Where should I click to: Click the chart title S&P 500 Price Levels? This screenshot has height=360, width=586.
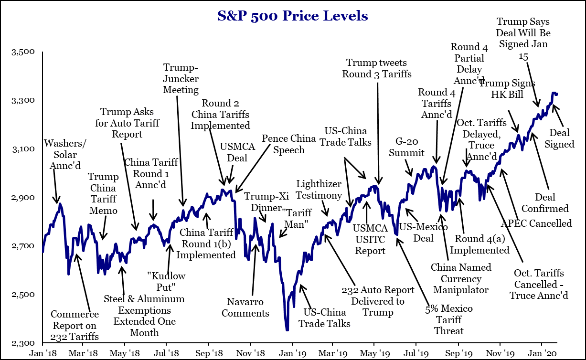293,16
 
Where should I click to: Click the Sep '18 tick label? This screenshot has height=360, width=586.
208,354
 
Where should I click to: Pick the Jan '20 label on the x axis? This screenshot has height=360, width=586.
541,354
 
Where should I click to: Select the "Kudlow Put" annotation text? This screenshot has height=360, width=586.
166,282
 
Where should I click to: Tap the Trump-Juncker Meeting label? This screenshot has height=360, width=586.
181,78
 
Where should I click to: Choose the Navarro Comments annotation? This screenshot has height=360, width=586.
248,307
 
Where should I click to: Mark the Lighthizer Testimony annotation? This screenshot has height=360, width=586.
319,190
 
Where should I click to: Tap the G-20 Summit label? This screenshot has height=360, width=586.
406,147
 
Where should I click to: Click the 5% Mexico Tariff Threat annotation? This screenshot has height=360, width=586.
448,319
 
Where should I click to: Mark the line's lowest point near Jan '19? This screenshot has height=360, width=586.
287,329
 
